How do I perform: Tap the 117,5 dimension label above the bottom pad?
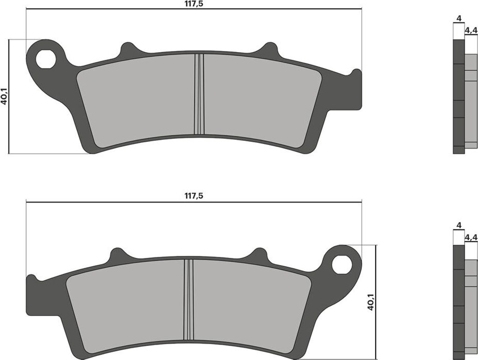coord(194,196)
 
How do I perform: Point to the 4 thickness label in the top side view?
coord(459,19)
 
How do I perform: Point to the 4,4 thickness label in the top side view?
coord(471,31)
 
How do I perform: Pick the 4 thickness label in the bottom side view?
coord(459,225)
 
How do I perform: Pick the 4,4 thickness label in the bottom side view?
coord(471,237)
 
